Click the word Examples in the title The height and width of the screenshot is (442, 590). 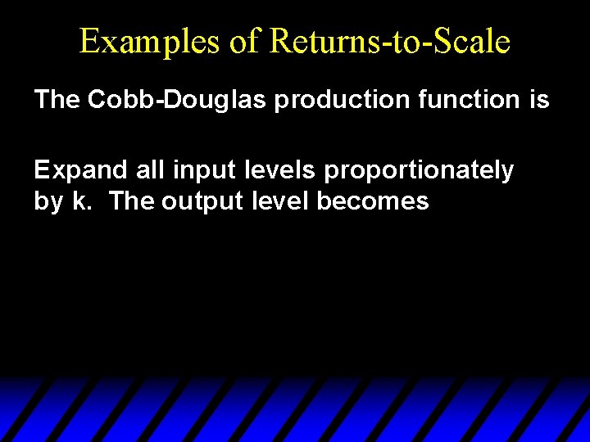coord(150,42)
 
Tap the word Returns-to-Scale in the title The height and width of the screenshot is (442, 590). coord(389,42)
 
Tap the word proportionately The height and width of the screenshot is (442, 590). coord(419,170)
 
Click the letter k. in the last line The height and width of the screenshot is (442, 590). coord(81,201)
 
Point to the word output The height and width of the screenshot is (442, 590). coord(201,201)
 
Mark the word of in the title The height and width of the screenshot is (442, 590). coord(243,42)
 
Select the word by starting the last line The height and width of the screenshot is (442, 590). coord(48,201)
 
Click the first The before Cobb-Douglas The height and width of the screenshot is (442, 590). coord(57,100)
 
